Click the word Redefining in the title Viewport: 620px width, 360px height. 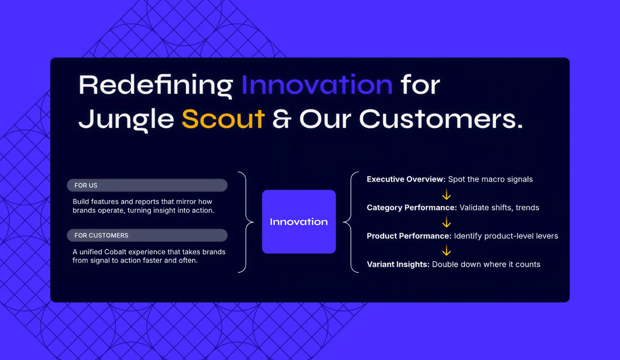156,85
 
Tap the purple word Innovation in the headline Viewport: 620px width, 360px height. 317,85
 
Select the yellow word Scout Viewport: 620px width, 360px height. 223,119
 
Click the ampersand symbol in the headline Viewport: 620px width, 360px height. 282,119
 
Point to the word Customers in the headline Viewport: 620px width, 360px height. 441,119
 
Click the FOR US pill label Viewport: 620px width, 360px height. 147,185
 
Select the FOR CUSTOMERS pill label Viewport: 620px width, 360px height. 147,235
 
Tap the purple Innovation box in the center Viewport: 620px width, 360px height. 299,221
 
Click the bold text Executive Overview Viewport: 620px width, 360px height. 406,179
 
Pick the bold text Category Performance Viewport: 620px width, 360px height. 412,208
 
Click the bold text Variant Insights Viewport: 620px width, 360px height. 398,264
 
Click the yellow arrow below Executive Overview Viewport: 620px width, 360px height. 446,194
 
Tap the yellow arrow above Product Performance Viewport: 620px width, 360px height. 446,222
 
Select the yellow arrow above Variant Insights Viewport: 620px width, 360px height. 446,250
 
